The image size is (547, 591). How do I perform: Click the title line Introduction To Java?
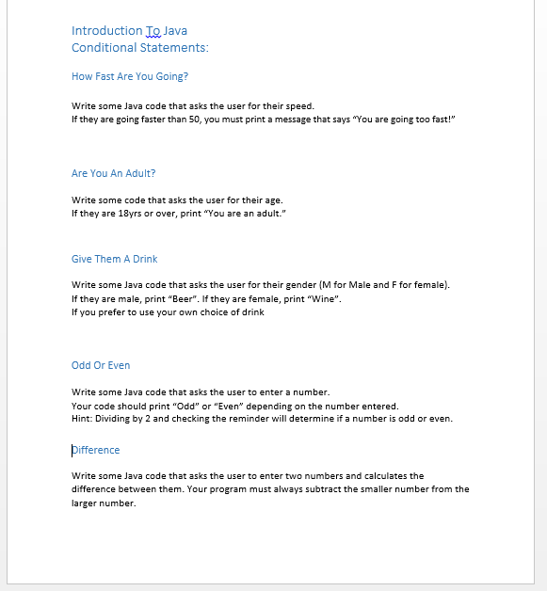[129, 31]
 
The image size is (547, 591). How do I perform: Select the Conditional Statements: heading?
[139, 48]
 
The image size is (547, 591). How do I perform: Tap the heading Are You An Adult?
[113, 173]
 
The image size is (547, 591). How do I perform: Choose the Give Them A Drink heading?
[114, 259]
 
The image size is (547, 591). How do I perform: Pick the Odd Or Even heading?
[101, 365]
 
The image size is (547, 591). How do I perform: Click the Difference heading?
[96, 450]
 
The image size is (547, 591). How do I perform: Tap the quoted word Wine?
[321, 299]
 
